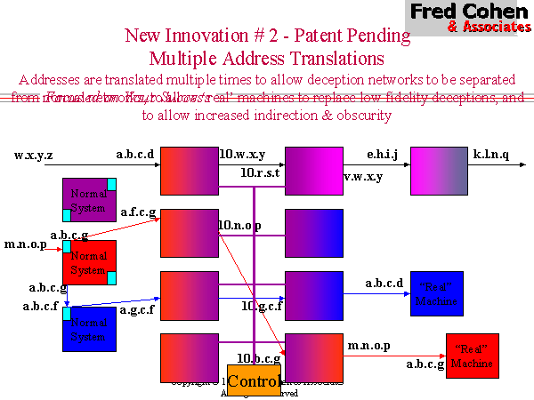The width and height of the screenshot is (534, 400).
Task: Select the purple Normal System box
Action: [x=88, y=200]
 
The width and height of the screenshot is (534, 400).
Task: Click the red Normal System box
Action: [x=89, y=262]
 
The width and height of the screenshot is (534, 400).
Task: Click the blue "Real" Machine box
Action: [x=437, y=293]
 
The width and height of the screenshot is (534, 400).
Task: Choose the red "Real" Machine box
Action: [x=471, y=356]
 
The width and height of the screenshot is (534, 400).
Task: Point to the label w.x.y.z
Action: [x=34, y=155]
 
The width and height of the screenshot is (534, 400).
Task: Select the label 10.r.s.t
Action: [x=262, y=172]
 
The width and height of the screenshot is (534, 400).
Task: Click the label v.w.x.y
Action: [x=363, y=176]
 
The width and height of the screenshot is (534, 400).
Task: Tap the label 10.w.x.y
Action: [x=242, y=154]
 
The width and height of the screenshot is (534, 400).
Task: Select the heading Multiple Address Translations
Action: [x=266, y=59]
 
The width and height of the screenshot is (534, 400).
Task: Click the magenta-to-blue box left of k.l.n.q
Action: [x=439, y=171]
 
